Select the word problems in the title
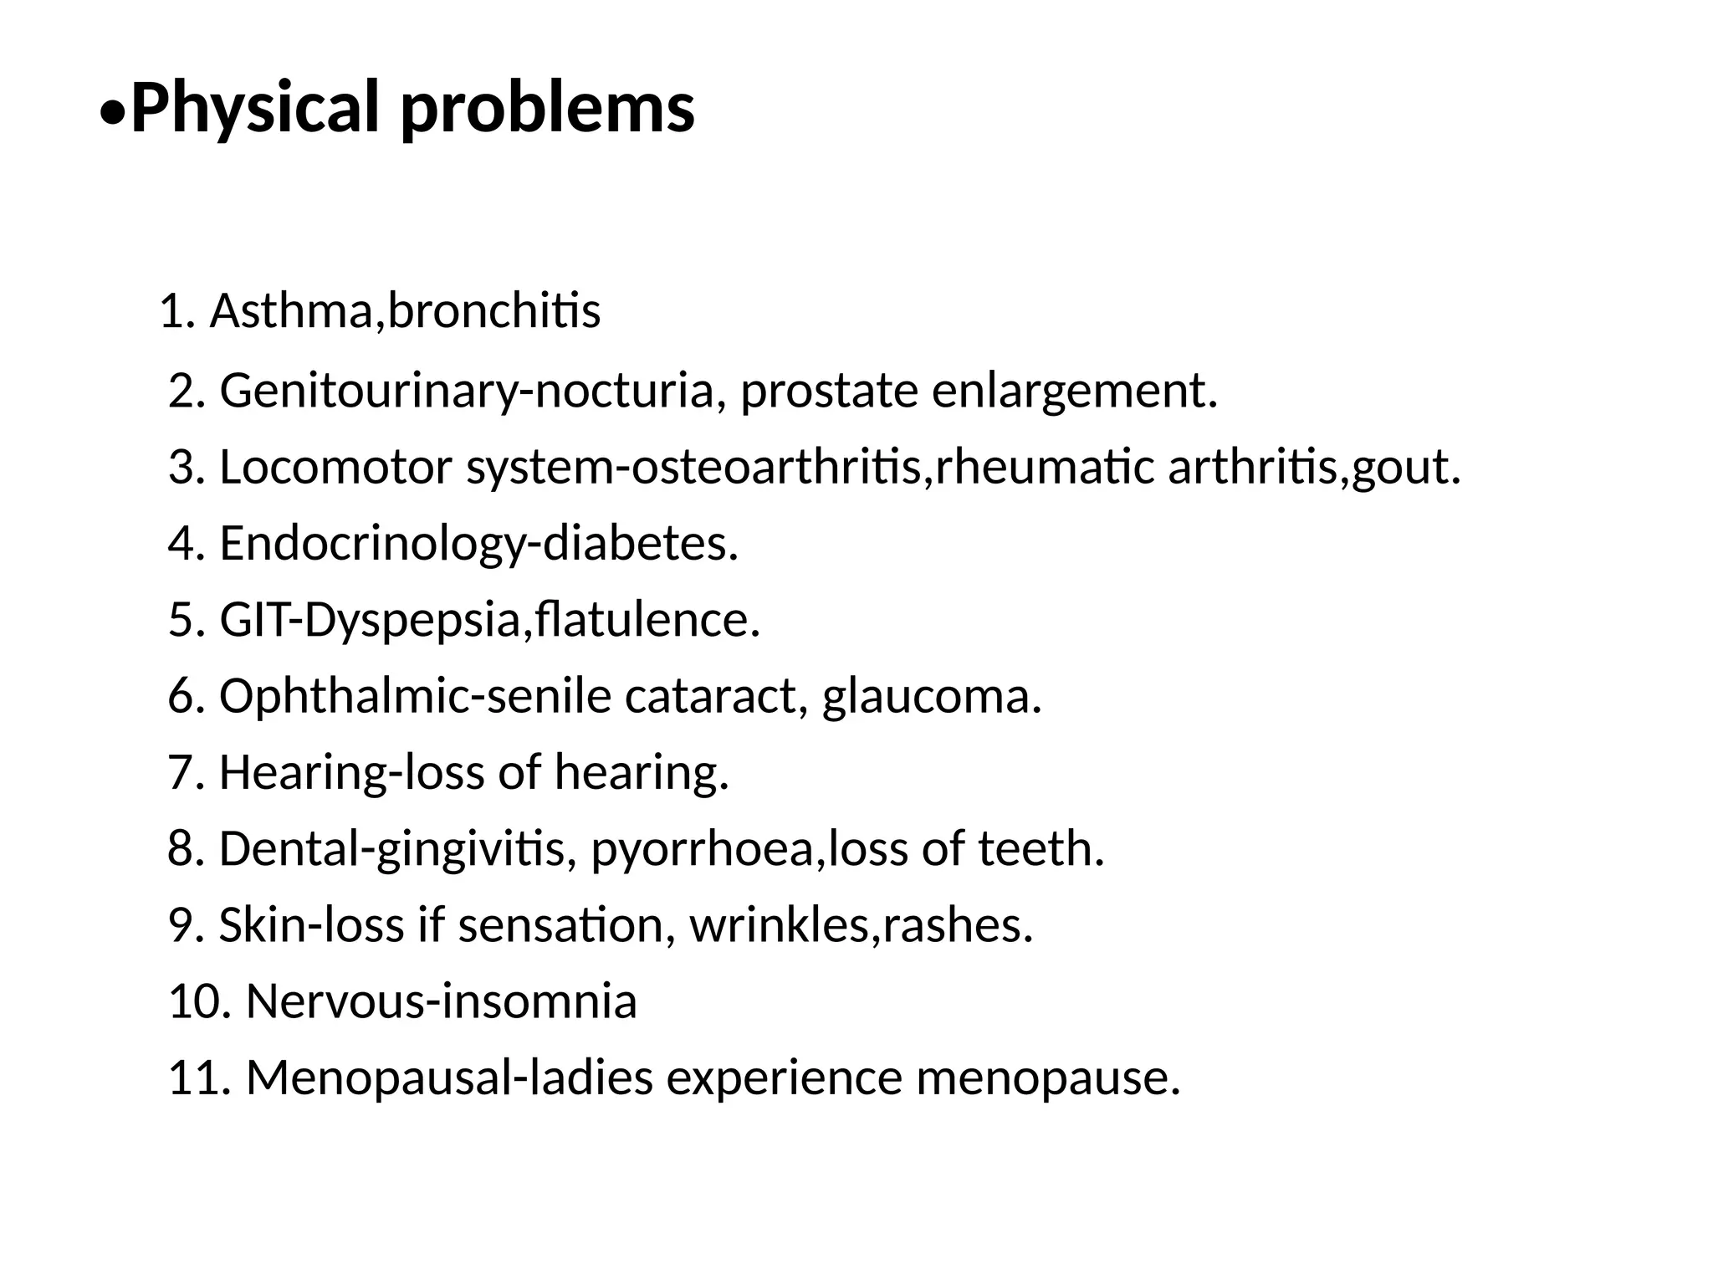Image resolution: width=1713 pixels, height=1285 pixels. point(547,109)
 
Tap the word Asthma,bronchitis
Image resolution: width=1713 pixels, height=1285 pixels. point(405,311)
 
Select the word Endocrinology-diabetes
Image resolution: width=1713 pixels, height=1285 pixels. point(478,544)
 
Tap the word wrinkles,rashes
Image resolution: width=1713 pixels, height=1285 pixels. point(862,925)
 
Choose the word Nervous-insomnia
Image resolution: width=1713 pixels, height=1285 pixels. point(441,1001)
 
